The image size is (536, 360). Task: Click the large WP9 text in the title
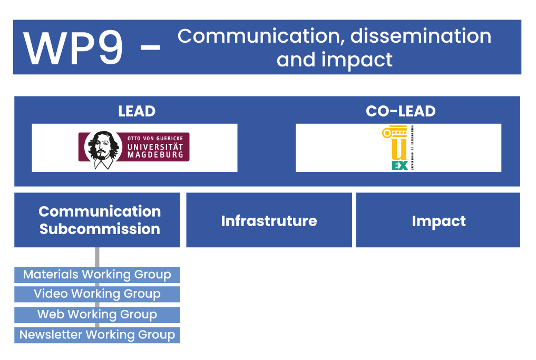coord(73,48)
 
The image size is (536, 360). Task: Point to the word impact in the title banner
coord(357,61)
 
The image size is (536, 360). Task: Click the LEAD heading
coord(137,111)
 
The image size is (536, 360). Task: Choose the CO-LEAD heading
coord(401,111)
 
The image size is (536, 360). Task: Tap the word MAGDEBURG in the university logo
coord(155,154)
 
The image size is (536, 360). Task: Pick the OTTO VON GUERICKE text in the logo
coord(155,139)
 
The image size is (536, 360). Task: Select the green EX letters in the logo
coord(399,166)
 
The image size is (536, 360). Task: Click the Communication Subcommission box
coord(97,220)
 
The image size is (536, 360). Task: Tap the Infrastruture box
coord(269,220)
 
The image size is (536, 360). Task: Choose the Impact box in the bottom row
coord(438,220)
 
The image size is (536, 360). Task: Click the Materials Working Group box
coord(97,275)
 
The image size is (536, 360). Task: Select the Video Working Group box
coord(97,294)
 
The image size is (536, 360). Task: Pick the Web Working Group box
coord(97,315)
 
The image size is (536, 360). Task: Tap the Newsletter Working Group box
coord(97,335)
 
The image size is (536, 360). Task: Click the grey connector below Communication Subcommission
coord(97,257)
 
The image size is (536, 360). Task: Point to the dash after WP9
coord(150,48)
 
